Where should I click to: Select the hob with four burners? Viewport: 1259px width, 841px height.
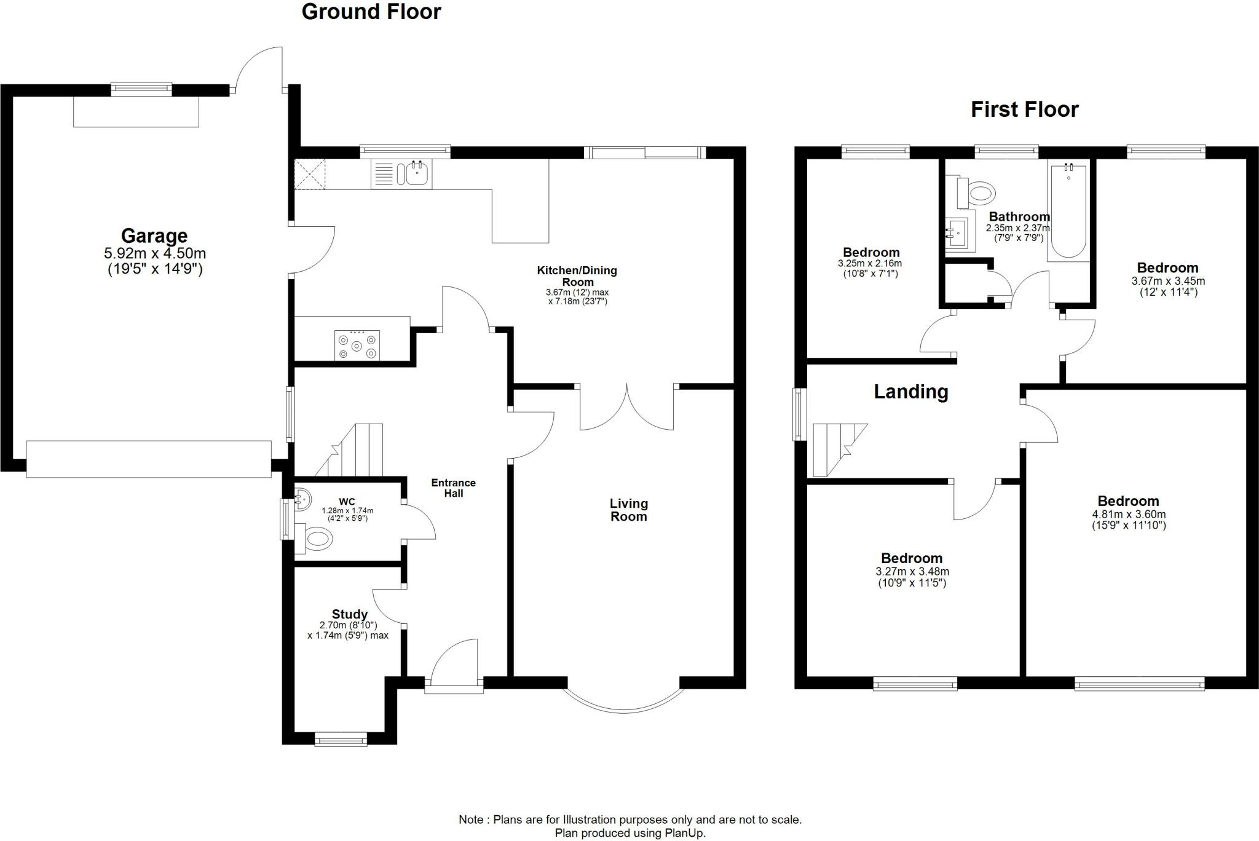(x=357, y=345)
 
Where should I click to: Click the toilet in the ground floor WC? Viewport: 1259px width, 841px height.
(x=317, y=539)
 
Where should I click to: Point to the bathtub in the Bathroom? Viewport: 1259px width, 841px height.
(x=1068, y=211)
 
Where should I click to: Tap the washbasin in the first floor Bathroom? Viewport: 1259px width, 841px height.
(x=956, y=234)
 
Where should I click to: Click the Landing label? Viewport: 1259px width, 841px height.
(x=910, y=392)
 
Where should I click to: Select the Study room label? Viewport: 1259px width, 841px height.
(x=349, y=614)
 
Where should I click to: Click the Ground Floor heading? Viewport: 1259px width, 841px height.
(x=371, y=12)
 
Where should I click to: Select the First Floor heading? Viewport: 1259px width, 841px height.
(x=1024, y=109)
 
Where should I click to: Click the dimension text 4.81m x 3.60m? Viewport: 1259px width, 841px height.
(x=1128, y=515)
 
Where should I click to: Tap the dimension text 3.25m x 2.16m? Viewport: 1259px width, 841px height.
(x=870, y=264)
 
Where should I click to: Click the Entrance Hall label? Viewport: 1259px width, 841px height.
(x=453, y=488)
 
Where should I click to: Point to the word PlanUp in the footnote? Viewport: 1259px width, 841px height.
(x=684, y=834)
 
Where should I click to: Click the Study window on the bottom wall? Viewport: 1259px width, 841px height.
(x=341, y=740)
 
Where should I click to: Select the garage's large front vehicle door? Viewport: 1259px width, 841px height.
(x=149, y=459)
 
